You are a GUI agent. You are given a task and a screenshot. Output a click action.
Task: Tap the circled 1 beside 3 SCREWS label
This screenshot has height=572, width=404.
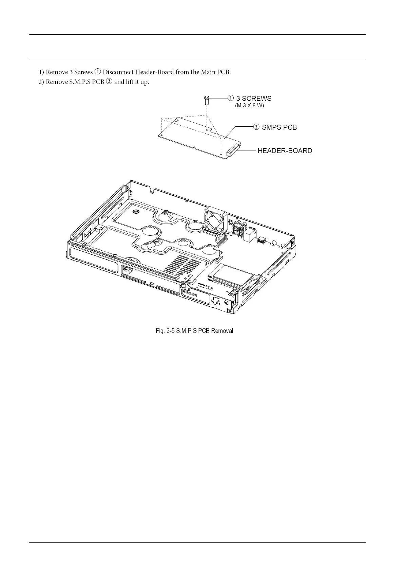point(231,98)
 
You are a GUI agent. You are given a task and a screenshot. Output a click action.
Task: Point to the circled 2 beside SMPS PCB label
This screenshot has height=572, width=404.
point(256,127)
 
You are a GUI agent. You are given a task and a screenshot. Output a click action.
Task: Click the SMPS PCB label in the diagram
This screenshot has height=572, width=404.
point(280,127)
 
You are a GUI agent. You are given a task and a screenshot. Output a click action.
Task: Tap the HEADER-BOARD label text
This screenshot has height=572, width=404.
point(285,150)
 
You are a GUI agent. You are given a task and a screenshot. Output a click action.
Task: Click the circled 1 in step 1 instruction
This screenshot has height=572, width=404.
point(97,72)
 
